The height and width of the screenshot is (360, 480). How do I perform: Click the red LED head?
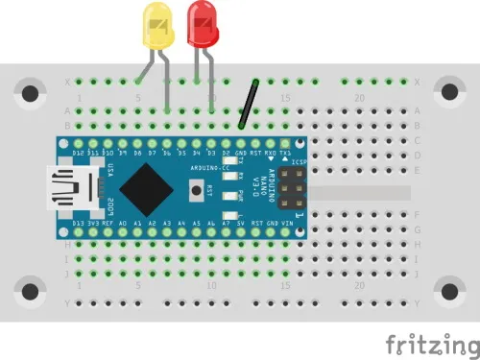(203, 21)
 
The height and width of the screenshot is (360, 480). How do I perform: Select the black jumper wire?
(250, 103)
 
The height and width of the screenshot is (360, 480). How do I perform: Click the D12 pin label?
(80, 153)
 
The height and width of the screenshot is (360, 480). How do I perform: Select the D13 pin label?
(80, 224)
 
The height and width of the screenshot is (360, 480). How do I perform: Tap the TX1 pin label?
(284, 153)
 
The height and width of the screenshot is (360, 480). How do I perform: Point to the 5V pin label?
(241, 224)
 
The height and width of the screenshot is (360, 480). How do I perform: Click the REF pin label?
(109, 224)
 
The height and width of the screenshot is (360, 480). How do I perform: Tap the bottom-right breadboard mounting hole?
(448, 289)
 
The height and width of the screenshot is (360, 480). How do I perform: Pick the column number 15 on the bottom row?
(284, 286)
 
